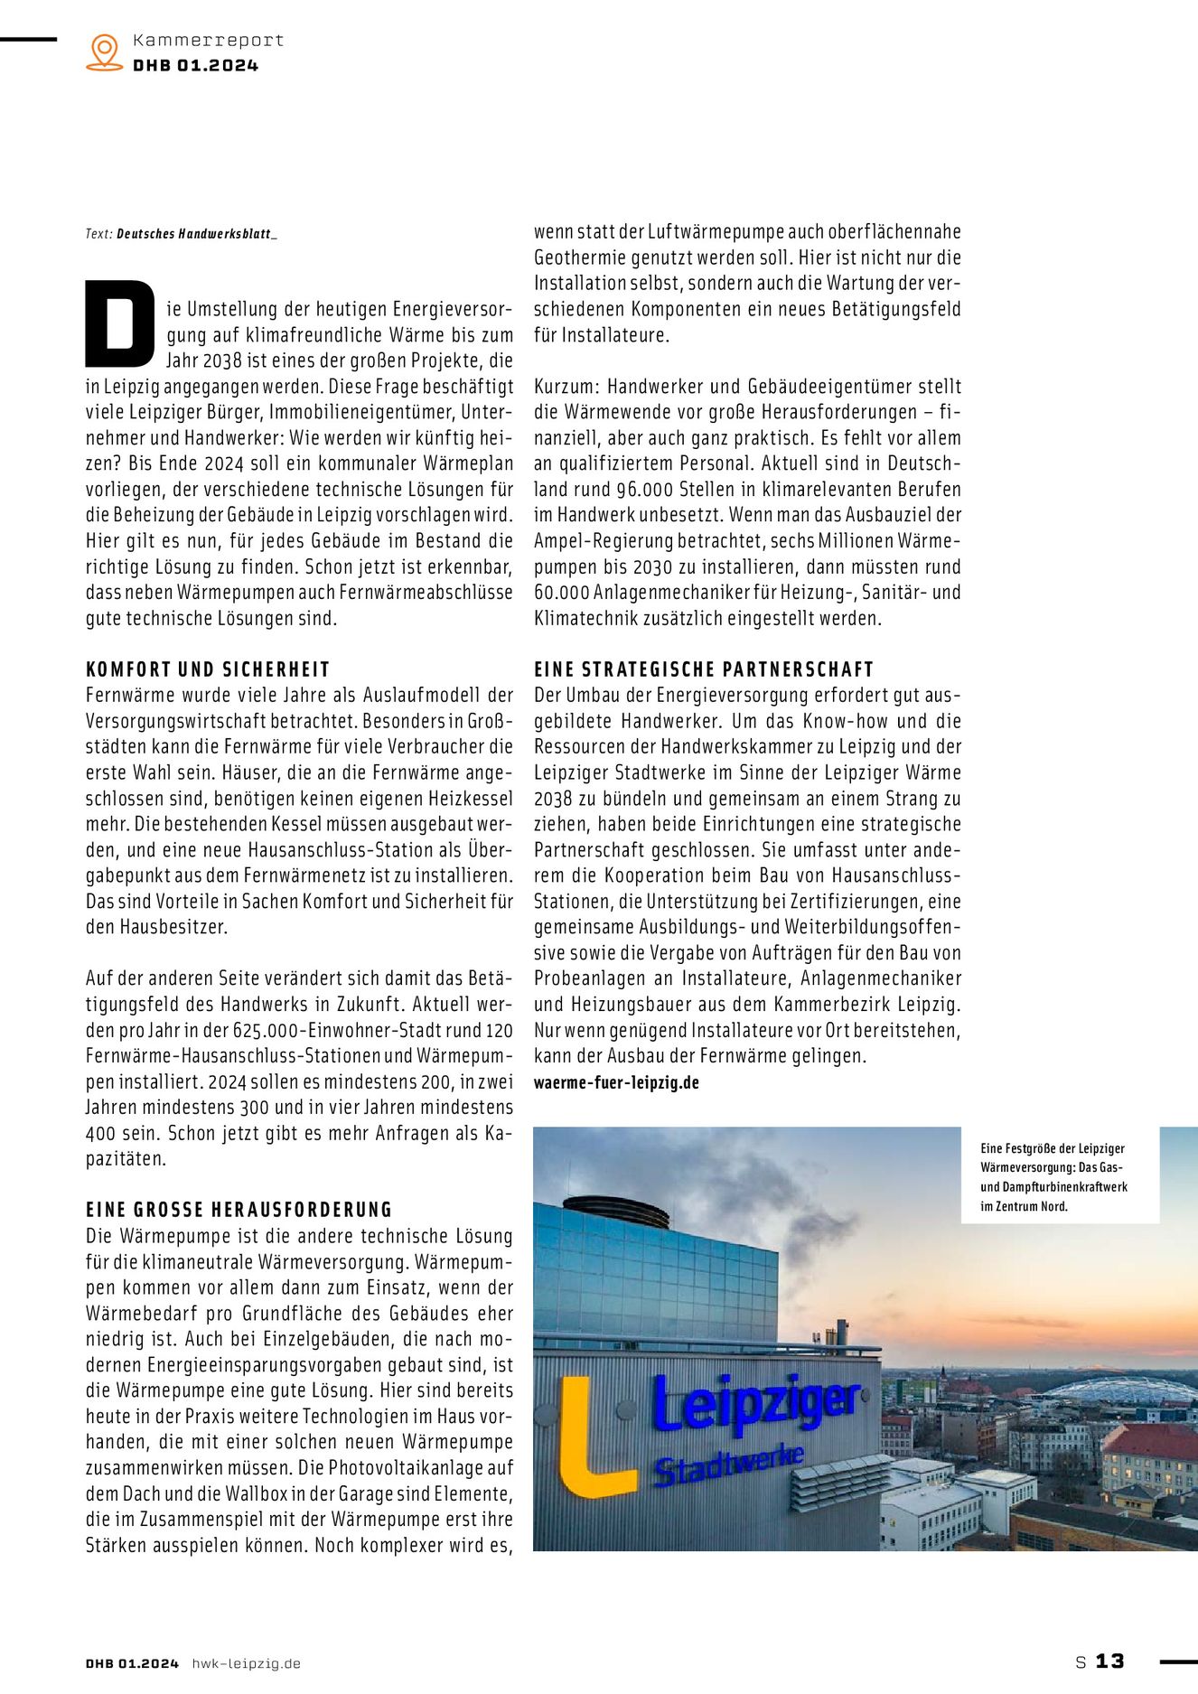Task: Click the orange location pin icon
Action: tap(105, 51)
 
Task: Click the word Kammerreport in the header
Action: tap(208, 40)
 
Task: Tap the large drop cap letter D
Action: tap(120, 323)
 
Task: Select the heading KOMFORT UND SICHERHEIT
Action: tap(208, 669)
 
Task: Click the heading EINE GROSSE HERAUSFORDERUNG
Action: tap(239, 1210)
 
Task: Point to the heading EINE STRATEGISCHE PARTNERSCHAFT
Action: tap(704, 669)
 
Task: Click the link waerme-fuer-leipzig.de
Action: tap(616, 1082)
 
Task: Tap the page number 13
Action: tap(1110, 1661)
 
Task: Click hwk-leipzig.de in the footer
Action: tap(246, 1663)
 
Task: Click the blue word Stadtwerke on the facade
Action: tap(728, 1465)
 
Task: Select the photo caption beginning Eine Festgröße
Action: tap(1053, 1176)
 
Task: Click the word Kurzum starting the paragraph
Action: tap(565, 387)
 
